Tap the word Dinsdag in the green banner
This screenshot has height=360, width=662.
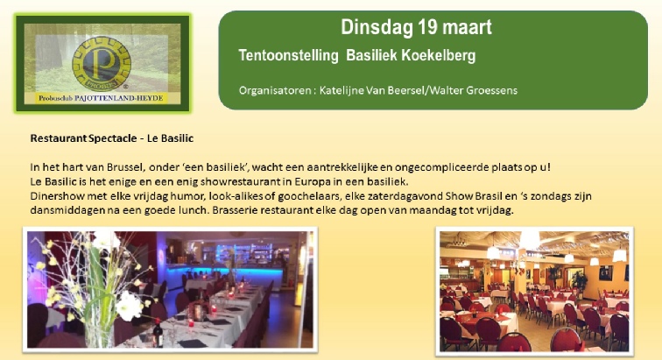377,28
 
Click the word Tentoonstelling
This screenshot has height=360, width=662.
288,56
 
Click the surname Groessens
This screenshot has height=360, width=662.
491,90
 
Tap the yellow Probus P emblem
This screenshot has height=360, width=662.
102,64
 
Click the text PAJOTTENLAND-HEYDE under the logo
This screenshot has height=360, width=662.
118,98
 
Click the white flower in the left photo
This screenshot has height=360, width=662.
130,307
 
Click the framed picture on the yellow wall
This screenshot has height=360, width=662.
606,273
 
